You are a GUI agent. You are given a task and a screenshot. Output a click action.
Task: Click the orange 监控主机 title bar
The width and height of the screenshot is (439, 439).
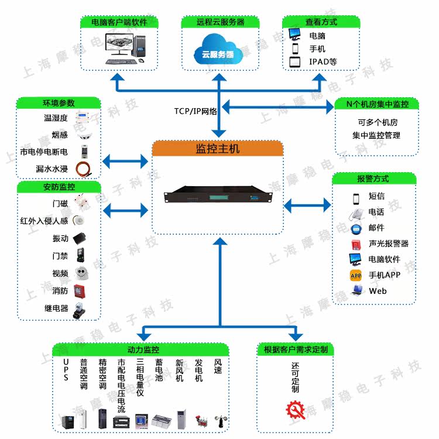[x=217, y=149]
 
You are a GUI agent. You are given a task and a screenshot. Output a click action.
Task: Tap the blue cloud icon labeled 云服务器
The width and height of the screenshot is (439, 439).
[x=218, y=49]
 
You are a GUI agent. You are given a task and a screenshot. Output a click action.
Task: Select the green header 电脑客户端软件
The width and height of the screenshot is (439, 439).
[x=119, y=22]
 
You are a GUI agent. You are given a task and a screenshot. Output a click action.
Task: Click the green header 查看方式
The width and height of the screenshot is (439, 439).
[x=321, y=22]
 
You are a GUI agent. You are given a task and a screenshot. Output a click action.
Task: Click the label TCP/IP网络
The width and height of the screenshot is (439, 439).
[x=196, y=111]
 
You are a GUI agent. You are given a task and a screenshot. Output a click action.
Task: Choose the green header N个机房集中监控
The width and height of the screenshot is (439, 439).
[x=378, y=104]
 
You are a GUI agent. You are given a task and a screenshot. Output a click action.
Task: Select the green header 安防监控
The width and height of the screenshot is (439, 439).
[x=59, y=187]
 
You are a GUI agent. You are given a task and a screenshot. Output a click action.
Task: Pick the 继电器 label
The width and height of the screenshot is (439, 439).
[x=56, y=308]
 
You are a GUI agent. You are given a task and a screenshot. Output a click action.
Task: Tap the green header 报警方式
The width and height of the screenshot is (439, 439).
[x=373, y=179]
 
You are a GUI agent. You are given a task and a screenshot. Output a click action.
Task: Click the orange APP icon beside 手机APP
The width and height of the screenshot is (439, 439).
[x=355, y=275]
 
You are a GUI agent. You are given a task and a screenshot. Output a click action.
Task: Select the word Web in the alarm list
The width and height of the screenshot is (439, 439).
[x=378, y=291]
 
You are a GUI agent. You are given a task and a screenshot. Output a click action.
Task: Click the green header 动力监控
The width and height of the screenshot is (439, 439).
[x=139, y=349]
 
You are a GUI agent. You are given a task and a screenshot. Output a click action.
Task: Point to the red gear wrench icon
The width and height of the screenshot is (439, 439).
[x=295, y=410]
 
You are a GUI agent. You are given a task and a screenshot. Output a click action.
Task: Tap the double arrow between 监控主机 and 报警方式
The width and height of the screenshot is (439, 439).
[x=307, y=205]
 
